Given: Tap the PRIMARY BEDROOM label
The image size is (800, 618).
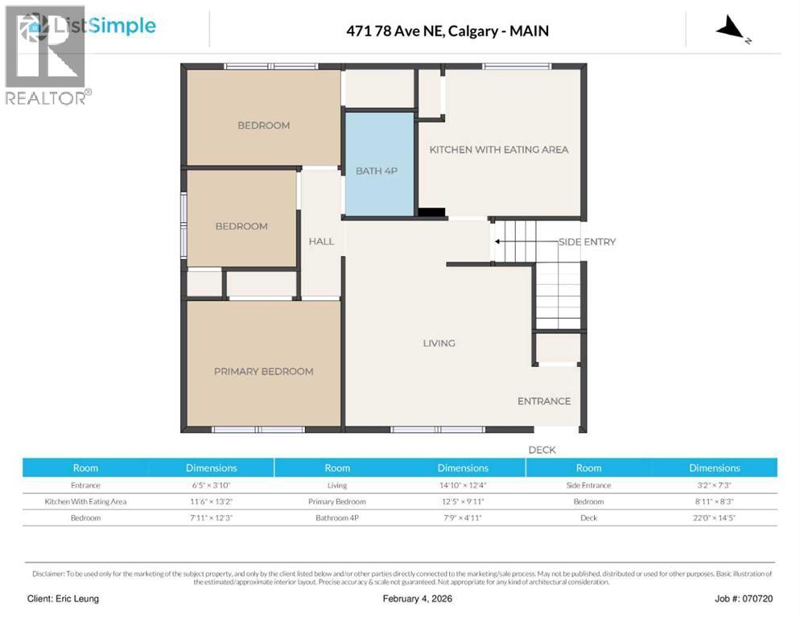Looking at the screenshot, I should [263, 371].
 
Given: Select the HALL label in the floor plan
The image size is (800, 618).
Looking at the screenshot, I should [321, 241].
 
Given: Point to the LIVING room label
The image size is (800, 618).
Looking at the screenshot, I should [439, 343].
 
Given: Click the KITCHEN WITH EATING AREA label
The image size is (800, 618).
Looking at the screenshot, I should [498, 150].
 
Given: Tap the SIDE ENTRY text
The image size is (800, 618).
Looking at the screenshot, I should [587, 241].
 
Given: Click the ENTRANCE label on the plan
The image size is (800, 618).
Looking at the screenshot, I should [543, 401].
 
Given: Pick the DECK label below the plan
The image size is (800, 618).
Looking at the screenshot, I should [542, 450].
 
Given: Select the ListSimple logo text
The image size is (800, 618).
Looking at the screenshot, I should [103, 27].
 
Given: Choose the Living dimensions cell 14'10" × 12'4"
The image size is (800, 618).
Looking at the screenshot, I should [463, 485].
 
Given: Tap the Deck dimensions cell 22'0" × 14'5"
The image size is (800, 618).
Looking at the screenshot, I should [714, 517].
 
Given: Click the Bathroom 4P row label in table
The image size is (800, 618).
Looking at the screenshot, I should [337, 517].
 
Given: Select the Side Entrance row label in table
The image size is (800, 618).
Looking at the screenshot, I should [588, 485].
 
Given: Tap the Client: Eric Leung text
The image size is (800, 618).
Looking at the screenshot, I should [63, 599].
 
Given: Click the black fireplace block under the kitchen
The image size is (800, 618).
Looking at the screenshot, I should [431, 213].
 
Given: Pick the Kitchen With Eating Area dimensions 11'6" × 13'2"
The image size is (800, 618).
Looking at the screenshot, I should [211, 501].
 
